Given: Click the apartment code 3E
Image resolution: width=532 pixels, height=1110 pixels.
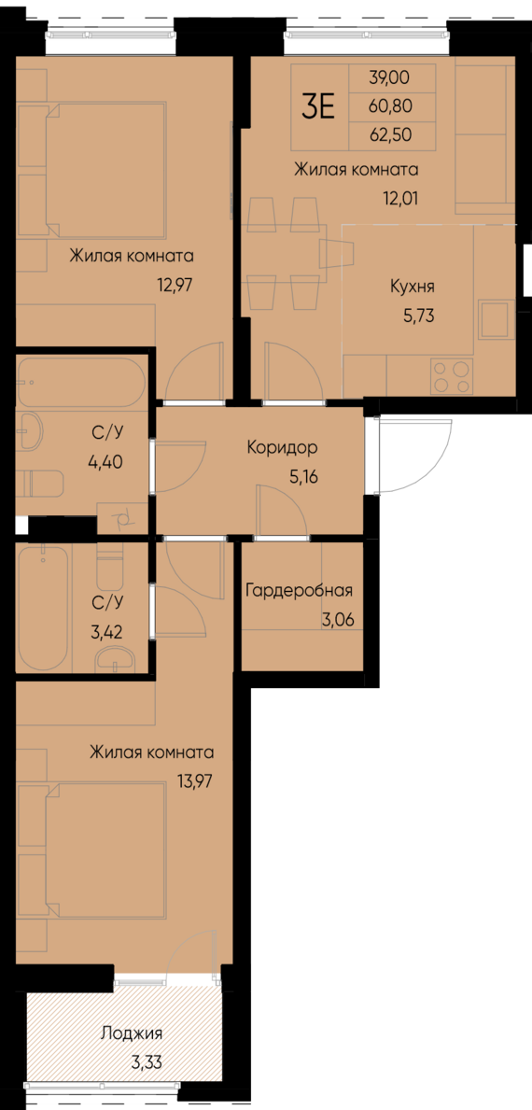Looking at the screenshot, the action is pos(318,107).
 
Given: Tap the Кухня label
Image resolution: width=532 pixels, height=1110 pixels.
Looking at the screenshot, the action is pos(412,287).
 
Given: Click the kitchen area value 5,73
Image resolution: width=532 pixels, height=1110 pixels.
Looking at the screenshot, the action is pos(418,316).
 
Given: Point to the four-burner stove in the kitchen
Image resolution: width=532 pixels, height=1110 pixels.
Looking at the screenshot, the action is pos(452,376).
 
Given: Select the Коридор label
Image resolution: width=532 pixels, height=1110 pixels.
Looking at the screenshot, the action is pos(282,448).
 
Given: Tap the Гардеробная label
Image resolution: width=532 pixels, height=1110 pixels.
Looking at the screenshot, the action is pos(299,591).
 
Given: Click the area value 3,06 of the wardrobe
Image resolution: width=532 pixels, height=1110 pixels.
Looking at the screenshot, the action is pos(338,621).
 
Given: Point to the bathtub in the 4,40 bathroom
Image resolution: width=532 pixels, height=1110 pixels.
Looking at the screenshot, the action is pos(80,382).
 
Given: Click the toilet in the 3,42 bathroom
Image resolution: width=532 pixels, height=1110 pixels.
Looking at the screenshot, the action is pos(109,567).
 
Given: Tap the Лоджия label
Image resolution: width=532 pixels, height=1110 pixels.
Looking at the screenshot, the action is pos(132,1033).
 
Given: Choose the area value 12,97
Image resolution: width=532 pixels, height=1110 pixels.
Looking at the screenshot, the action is pos(176,285).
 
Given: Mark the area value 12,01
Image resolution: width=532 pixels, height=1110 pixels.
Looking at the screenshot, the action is pos(400,198).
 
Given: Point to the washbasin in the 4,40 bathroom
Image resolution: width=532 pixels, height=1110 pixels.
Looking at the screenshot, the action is pos(30,431).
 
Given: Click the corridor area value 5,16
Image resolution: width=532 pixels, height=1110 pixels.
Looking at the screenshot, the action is pos(302,476).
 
